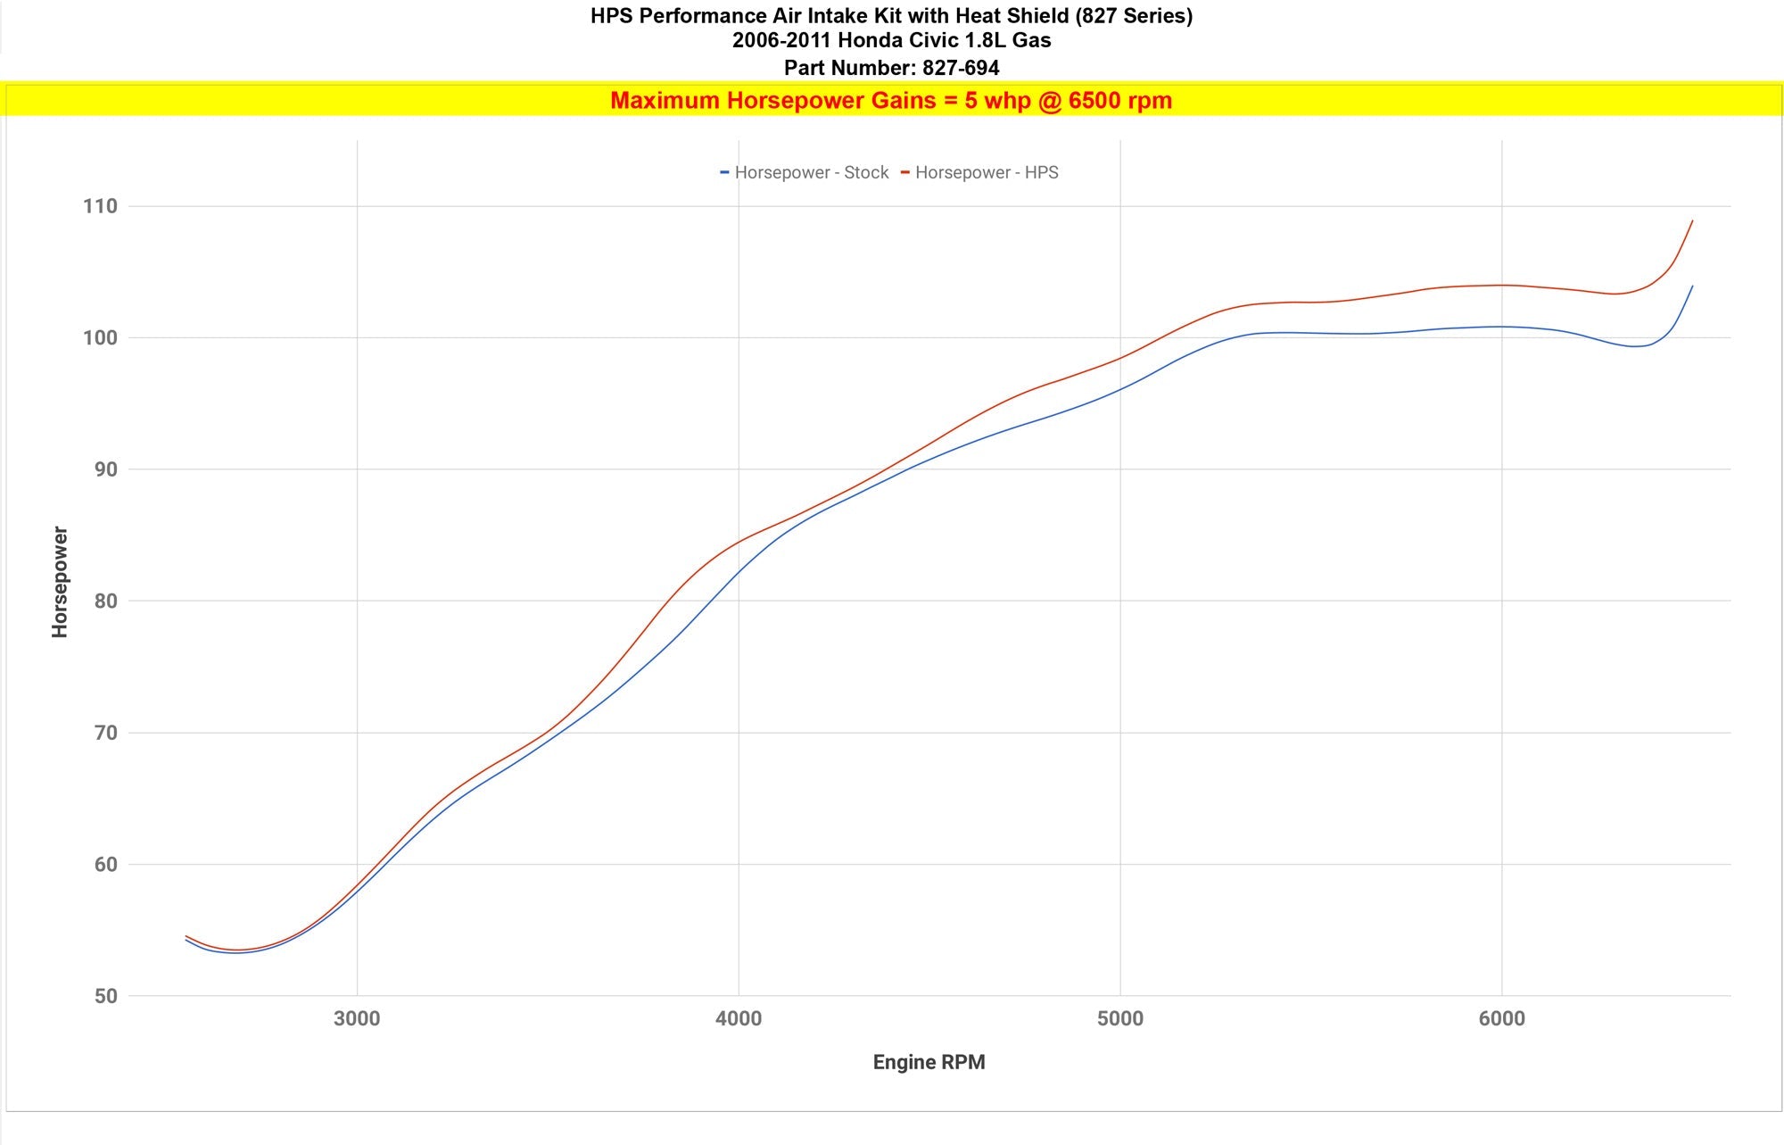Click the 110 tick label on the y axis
point(100,206)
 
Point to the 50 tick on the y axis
point(105,996)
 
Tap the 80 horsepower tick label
point(105,601)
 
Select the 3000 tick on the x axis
point(357,1018)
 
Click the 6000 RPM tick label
point(1501,1018)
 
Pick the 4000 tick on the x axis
point(739,1018)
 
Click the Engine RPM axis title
point(929,1062)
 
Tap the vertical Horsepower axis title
point(60,582)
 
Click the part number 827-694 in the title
point(961,68)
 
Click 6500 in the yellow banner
point(1094,100)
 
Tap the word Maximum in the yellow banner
point(665,100)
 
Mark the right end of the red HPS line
point(1692,220)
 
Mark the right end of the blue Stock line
point(1692,286)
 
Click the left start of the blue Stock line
point(186,940)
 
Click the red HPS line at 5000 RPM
point(1120,358)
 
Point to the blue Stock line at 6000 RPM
point(1502,327)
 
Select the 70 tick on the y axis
point(105,733)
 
